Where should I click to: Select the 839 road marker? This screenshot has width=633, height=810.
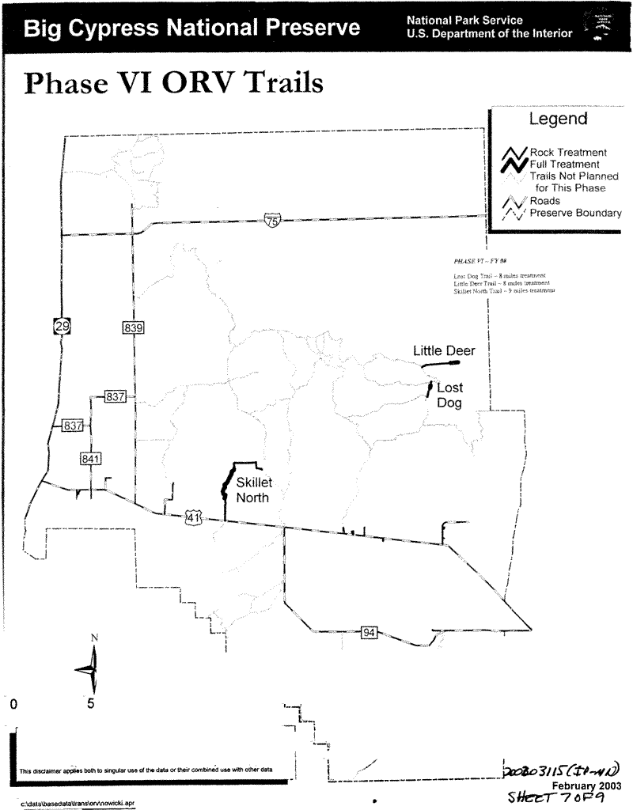(x=132, y=327)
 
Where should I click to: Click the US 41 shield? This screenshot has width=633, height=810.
(x=194, y=517)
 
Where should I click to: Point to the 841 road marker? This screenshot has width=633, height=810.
(x=90, y=459)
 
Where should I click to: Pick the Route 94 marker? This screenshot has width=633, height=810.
(x=369, y=632)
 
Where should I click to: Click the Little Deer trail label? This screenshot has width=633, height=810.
(x=444, y=351)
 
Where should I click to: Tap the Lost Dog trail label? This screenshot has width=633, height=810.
(x=449, y=396)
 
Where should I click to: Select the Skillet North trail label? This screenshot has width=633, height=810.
(x=253, y=490)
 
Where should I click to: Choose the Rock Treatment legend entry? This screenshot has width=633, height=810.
(x=568, y=152)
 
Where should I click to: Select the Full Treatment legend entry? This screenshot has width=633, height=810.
(x=563, y=164)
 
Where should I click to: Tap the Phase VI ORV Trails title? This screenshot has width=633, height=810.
(x=175, y=83)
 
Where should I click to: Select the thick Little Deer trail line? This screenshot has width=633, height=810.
(x=440, y=364)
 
